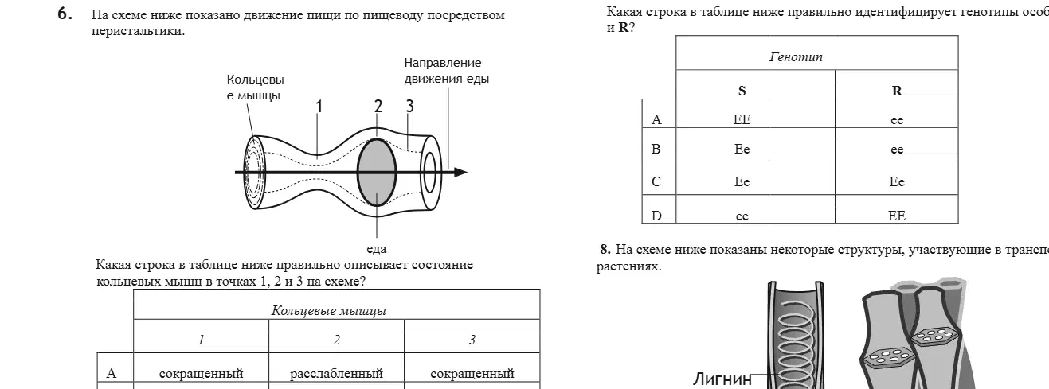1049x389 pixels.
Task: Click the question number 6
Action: [65, 14]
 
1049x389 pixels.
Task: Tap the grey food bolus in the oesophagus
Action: [377, 172]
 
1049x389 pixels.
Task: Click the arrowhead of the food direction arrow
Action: [460, 173]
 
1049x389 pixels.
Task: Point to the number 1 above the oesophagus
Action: [319, 107]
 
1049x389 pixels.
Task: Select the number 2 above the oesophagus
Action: [378, 106]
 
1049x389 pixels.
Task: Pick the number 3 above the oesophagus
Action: [409, 106]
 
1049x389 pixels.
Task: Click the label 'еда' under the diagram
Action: [377, 249]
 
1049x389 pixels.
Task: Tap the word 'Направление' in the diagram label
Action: [443, 63]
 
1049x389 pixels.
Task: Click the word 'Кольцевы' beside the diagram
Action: [255, 80]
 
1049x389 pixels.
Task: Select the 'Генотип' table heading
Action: [796, 56]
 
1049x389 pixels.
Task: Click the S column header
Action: [742, 91]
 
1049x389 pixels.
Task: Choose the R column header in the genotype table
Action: [897, 91]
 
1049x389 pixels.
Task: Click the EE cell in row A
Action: [742, 119]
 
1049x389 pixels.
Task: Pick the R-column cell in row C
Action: [897, 181]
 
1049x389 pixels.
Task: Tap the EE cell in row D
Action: [897, 216]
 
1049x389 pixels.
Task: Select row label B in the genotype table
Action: [656, 149]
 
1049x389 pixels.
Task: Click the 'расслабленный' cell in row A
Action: [336, 374]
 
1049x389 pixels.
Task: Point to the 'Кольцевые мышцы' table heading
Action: [328, 311]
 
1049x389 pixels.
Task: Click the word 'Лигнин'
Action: [722, 379]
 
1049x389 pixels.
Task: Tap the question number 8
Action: [605, 249]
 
